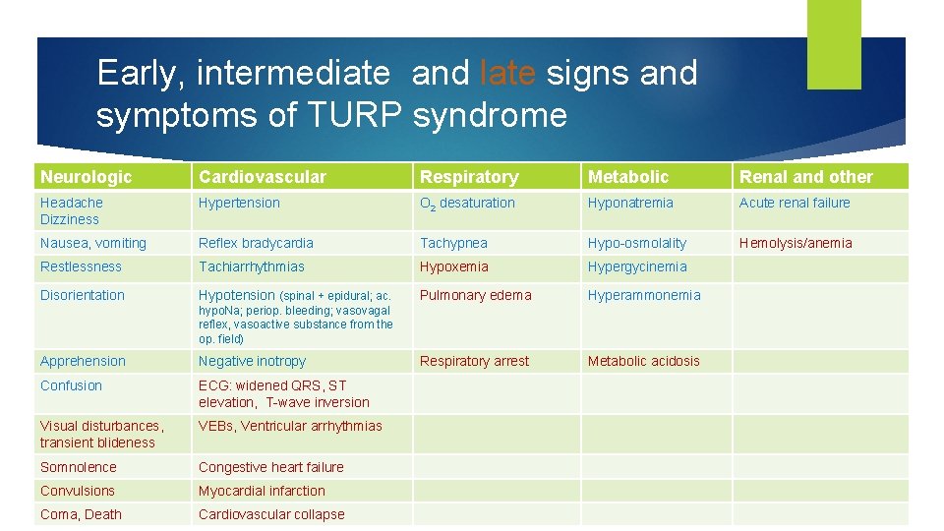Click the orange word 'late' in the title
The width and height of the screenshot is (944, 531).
[x=507, y=73]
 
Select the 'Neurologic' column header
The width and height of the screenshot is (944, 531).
[x=86, y=177]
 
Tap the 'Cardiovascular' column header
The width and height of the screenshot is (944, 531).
[x=262, y=177]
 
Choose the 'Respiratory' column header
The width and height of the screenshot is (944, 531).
[x=469, y=177]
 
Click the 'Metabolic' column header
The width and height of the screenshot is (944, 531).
[x=627, y=177]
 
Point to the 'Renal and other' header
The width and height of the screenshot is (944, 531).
[x=805, y=177]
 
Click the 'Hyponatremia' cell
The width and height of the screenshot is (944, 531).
[x=630, y=203]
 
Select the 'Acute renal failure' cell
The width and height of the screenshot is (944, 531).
[x=795, y=203]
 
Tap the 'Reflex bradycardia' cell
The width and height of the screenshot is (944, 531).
[x=256, y=243]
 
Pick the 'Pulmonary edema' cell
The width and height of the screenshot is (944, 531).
[x=475, y=295]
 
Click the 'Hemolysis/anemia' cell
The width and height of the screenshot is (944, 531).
[x=796, y=243]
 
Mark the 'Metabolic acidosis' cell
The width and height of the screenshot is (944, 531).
[x=643, y=361]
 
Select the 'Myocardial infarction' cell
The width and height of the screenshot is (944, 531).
[x=262, y=491]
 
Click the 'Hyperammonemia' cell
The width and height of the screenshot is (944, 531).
[x=644, y=295]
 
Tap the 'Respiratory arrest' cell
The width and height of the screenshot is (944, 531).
[x=474, y=361]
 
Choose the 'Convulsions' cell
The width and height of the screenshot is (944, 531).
[x=78, y=491]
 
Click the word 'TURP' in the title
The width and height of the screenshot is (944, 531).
[x=355, y=116]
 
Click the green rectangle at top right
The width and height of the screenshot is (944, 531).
[x=833, y=43]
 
